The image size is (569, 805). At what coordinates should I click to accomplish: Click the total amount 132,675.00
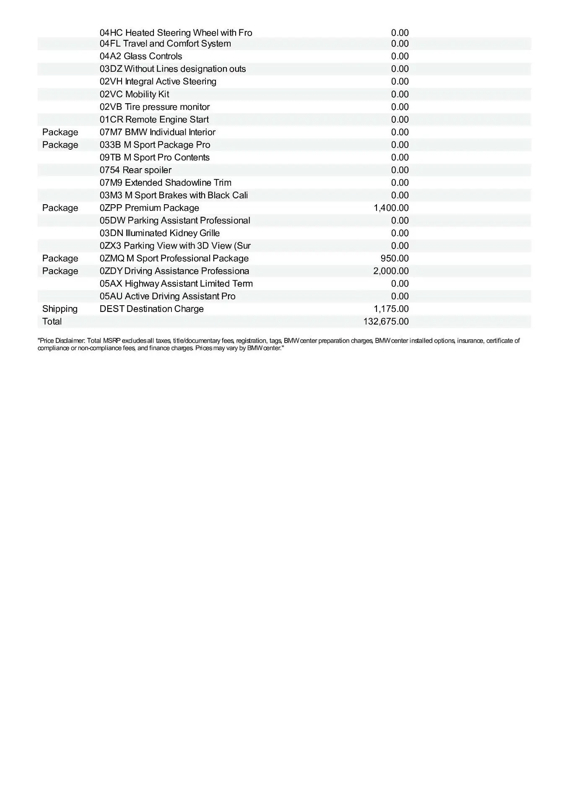[x=386, y=322]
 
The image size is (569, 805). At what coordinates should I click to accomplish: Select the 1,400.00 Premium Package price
[x=391, y=208]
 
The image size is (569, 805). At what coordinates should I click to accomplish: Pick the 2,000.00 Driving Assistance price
[x=391, y=271]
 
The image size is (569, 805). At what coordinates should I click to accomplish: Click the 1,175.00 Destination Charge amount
[x=391, y=309]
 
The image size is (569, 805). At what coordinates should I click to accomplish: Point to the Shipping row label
[x=60, y=309]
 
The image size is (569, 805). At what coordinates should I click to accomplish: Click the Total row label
[x=52, y=322]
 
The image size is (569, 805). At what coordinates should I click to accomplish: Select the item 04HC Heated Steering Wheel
[x=176, y=33]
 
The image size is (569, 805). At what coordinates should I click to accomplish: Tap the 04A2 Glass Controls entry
[x=141, y=56]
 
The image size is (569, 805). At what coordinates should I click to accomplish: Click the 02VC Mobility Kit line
[x=134, y=94]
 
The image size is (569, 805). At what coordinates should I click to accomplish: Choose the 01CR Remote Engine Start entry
[x=154, y=119]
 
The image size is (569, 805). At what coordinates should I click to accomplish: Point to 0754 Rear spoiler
[x=135, y=170]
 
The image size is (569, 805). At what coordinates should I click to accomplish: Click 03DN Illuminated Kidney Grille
[x=159, y=233]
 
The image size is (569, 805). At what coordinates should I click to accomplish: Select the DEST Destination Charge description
[x=151, y=309]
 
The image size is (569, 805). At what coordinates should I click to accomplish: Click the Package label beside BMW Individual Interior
[x=60, y=132]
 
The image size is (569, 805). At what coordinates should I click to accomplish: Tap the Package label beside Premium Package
[x=60, y=208]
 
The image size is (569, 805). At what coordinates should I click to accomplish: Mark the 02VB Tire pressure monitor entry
[x=154, y=107]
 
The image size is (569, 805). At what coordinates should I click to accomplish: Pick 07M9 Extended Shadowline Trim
[x=165, y=183]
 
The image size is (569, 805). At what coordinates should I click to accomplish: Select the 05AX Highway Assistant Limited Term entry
[x=176, y=284]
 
